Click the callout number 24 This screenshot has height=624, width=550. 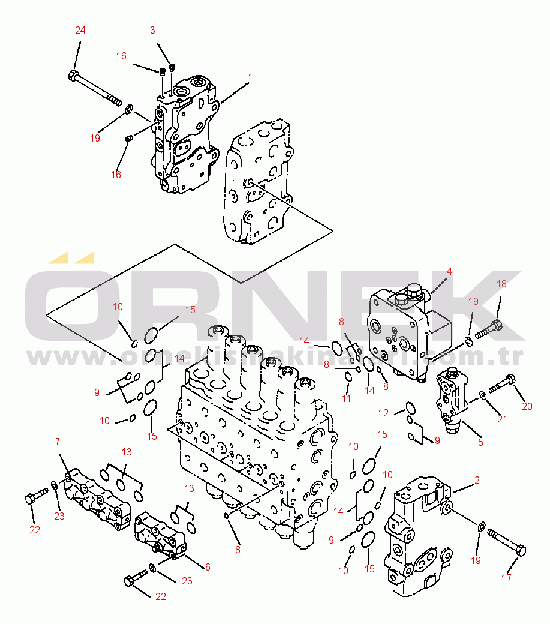pos(80,31)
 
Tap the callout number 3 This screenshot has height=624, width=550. pos(152,29)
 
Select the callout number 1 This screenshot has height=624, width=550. pos(250,77)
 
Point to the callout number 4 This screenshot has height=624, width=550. pos(449,271)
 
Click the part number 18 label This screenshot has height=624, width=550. pos(501,284)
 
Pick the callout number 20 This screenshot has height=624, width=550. pos(527,406)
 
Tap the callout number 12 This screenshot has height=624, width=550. pos(383,413)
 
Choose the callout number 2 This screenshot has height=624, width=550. pos(477,479)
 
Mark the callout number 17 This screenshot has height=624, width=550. pos(507,578)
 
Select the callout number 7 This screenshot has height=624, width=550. pos(58,442)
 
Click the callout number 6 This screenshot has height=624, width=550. pos(208,566)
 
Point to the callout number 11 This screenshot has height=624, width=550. pos(347,398)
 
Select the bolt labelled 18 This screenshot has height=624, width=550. pos(489,329)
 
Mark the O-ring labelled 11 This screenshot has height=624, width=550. pos(348,377)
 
